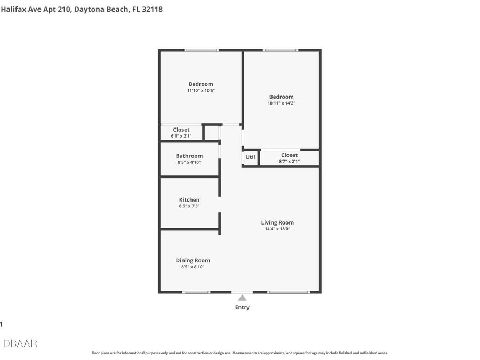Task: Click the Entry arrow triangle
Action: [242, 298]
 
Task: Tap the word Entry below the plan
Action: [242, 307]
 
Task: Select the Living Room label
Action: [277, 222]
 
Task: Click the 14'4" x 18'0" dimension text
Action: [277, 229]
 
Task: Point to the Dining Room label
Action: [193, 260]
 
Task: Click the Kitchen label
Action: [189, 200]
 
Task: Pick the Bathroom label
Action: [189, 156]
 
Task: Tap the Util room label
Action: [250, 157]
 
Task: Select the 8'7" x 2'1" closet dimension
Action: [289, 162]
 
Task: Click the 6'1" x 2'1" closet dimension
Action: [181, 137]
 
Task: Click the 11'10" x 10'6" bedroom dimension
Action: [201, 91]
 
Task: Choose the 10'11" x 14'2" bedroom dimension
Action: [281, 103]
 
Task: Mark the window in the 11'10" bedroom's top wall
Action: [202, 50]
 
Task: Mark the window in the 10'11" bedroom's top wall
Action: [281, 50]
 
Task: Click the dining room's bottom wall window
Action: [196, 292]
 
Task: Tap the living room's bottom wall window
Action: [288, 292]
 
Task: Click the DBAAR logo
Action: [20, 343]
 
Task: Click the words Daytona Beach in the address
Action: [101, 9]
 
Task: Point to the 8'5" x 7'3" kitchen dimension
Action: [189, 206]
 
